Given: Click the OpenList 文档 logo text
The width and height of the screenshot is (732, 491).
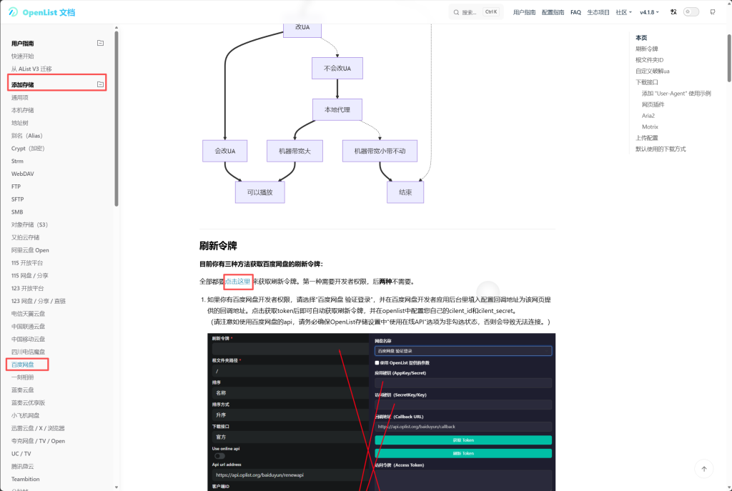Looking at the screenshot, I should click(x=49, y=12).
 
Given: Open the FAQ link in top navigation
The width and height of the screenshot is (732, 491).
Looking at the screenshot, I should click(x=575, y=12).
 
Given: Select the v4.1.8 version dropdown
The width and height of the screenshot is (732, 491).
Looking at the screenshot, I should click(x=650, y=12).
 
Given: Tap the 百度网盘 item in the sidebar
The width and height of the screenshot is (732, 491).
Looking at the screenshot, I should click(x=23, y=364).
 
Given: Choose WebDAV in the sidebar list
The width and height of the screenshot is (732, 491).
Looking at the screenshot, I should click(x=22, y=174).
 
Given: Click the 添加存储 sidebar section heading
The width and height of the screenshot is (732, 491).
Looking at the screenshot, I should click(x=23, y=85).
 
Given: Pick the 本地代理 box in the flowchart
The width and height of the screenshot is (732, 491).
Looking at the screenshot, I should click(x=337, y=109).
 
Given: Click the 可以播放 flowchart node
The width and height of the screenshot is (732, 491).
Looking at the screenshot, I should click(x=259, y=192).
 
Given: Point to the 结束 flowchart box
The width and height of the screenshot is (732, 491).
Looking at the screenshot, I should click(x=405, y=192).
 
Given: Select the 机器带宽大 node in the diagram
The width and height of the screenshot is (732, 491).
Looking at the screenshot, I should click(x=295, y=151).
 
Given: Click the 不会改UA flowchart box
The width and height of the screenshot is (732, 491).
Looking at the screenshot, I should click(x=337, y=68).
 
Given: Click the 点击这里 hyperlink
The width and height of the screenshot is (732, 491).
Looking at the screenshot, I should click(x=238, y=282).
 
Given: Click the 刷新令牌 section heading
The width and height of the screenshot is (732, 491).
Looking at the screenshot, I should click(x=218, y=246).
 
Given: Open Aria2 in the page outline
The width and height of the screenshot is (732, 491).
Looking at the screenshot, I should click(x=648, y=116).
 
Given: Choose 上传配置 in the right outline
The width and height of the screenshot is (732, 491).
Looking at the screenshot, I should click(x=647, y=138).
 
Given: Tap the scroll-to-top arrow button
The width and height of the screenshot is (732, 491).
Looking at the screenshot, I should click(x=704, y=469).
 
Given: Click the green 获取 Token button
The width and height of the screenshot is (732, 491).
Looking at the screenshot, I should click(x=463, y=440).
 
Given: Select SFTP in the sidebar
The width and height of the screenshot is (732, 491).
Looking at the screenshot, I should click(x=18, y=199).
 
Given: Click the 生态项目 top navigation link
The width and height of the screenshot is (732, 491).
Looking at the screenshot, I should click(x=598, y=12).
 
